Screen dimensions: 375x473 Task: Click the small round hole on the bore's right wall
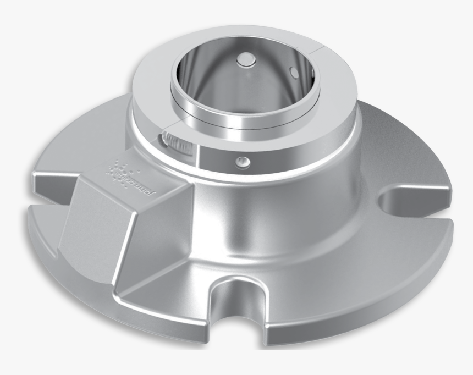click(x=293, y=71)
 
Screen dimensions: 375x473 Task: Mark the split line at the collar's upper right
click(x=319, y=52)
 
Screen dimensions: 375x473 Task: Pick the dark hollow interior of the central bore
click(x=242, y=82)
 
